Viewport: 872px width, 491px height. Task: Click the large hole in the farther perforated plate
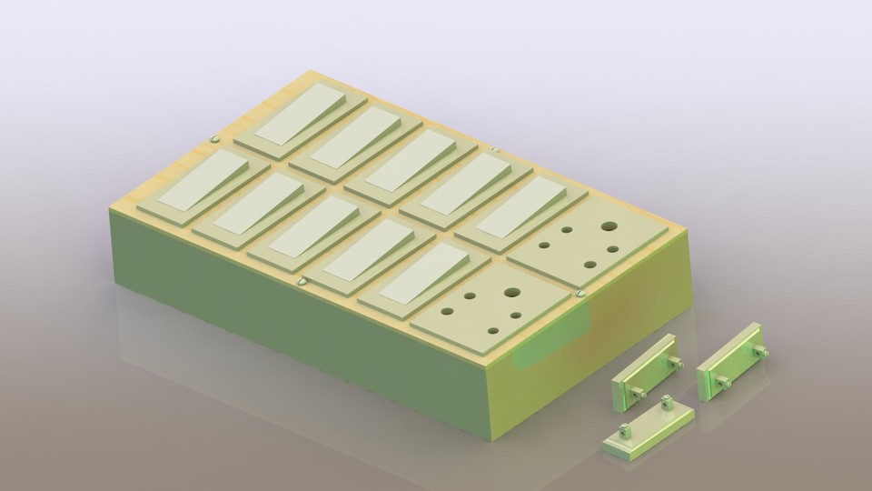[x=608, y=226]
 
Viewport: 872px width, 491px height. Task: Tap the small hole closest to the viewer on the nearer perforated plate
[x=496, y=329]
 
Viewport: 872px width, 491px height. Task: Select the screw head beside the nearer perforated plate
[x=580, y=294]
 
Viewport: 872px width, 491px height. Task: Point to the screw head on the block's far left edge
[x=213, y=139]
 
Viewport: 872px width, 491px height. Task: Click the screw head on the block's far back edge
[x=493, y=150]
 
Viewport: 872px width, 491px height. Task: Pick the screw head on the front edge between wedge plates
[x=303, y=281]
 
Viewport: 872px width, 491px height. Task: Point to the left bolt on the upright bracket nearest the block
[x=639, y=392]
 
